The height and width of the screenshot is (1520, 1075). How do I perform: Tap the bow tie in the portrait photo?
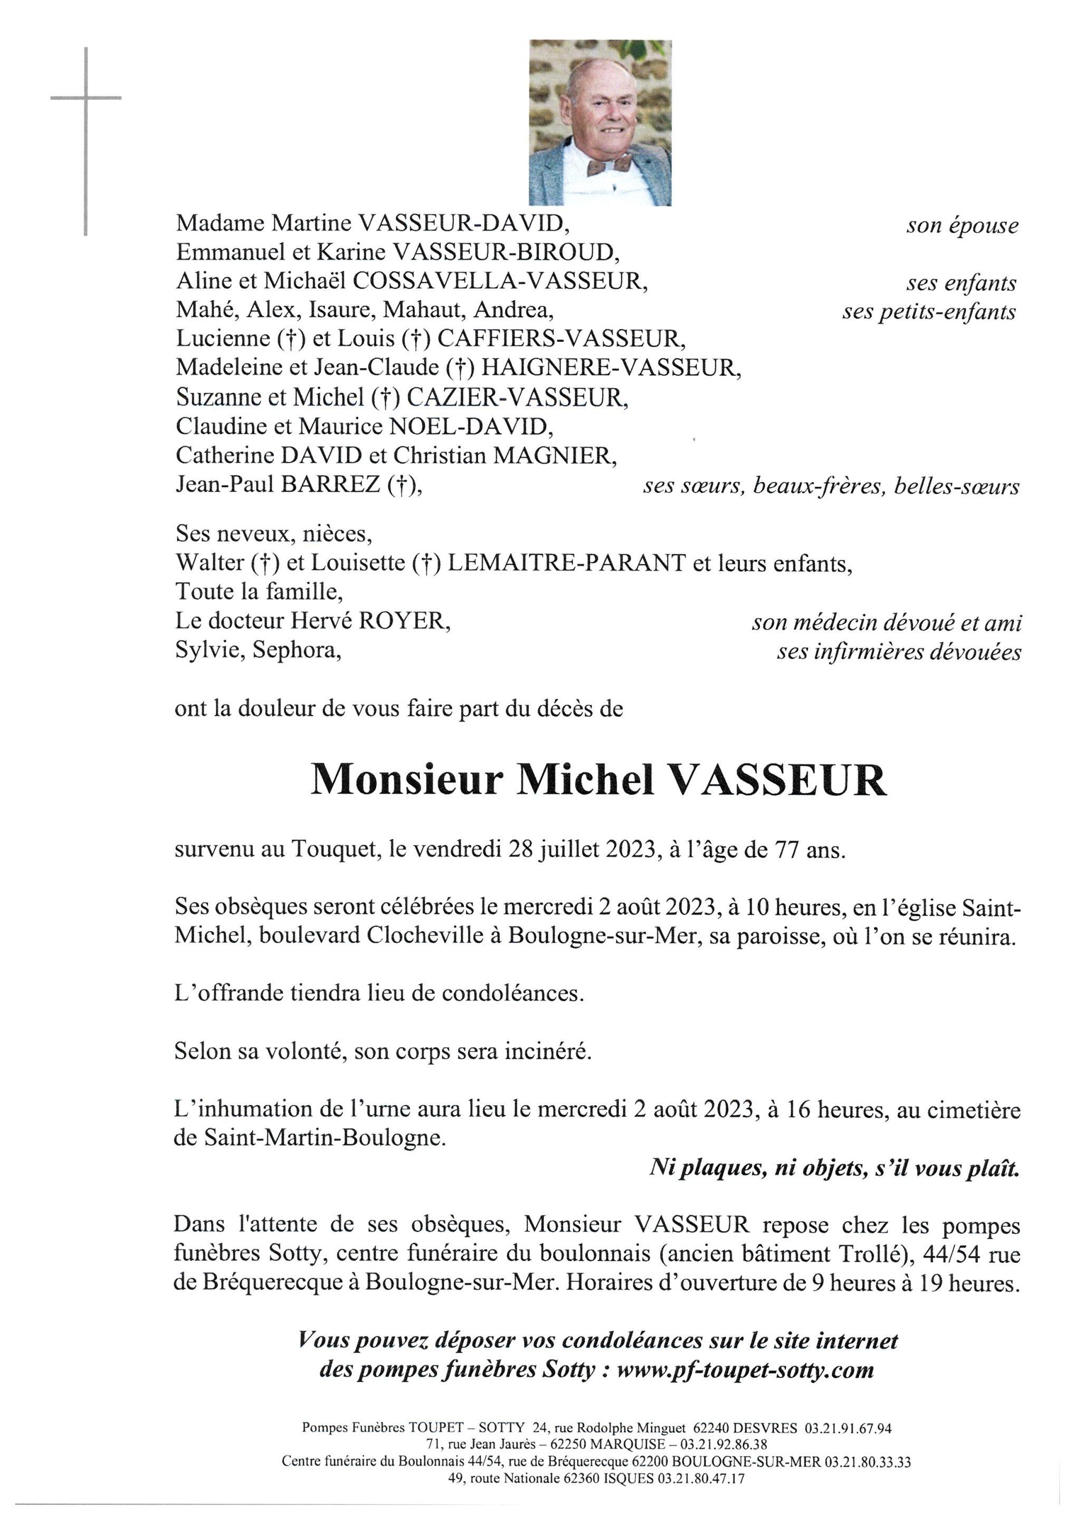[609, 164]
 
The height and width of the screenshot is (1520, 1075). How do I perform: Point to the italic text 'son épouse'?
[962, 226]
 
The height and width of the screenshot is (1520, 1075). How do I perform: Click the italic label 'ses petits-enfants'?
[929, 312]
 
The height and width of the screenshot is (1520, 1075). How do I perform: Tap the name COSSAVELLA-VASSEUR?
[500, 281]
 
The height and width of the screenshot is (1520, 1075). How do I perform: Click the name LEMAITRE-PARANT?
[566, 563]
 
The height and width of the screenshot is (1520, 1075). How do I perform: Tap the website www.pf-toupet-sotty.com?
[745, 1370]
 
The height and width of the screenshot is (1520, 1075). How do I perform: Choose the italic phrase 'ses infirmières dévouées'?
[899, 653]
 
